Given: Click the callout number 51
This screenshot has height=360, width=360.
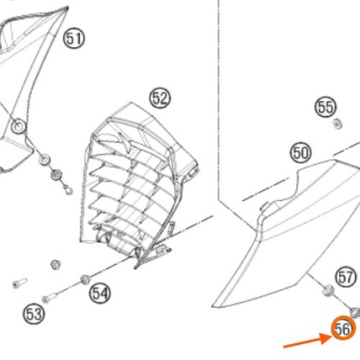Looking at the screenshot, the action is (x=74, y=38).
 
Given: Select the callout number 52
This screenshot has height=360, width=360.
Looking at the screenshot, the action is (x=160, y=98).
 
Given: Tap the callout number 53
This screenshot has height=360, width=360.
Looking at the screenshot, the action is (x=34, y=314).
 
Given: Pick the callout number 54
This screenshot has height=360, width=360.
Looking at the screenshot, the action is (x=100, y=293).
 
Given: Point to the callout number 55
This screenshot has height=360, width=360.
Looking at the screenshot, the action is (x=325, y=107).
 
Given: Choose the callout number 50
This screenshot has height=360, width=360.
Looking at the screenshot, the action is (x=300, y=153).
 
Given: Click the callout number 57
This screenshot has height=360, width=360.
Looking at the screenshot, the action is (x=346, y=277).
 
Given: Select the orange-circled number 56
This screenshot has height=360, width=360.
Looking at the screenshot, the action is (x=343, y=328).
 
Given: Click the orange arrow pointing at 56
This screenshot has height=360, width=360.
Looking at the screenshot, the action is (x=307, y=341).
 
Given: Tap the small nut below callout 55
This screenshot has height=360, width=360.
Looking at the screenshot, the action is (x=338, y=124).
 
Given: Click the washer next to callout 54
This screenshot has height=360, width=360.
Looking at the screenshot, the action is (x=85, y=279).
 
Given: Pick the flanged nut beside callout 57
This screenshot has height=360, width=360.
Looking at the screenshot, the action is (x=328, y=290).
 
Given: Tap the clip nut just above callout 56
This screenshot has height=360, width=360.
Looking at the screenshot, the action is (x=355, y=312).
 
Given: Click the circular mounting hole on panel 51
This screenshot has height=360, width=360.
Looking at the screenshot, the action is (x=19, y=126).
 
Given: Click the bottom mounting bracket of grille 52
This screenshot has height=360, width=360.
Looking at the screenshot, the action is (x=153, y=254).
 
